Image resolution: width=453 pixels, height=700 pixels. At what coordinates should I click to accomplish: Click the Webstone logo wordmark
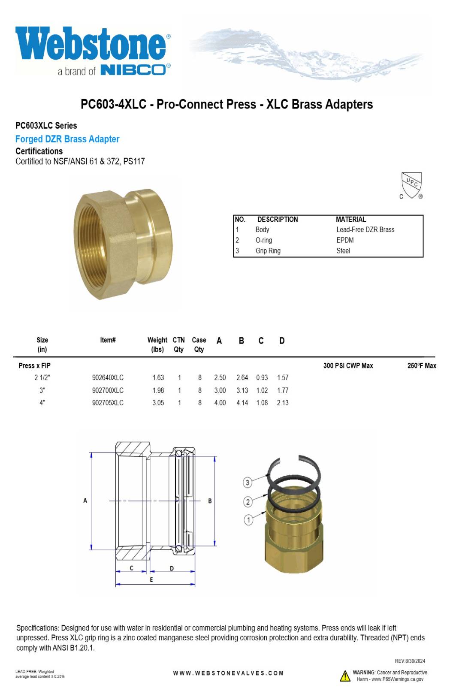[x=91, y=43]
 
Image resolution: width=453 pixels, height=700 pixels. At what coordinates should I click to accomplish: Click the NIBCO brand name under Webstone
[x=133, y=70]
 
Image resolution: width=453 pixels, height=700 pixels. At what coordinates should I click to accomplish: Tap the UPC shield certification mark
[x=411, y=185]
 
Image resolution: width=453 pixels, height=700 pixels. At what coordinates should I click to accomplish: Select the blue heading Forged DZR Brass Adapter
[x=67, y=139]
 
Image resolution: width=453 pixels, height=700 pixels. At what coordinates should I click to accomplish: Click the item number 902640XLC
[x=108, y=377]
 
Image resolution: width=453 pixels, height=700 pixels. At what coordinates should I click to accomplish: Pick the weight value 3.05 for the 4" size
[x=158, y=403]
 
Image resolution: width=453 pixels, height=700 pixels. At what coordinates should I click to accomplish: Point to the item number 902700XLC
[x=108, y=390]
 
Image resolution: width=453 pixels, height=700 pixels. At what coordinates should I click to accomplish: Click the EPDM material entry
[x=345, y=240]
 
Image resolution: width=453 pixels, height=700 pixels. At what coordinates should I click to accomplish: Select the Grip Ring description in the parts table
[x=268, y=250]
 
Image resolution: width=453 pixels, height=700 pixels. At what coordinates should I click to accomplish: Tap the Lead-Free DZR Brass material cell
[x=365, y=229]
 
